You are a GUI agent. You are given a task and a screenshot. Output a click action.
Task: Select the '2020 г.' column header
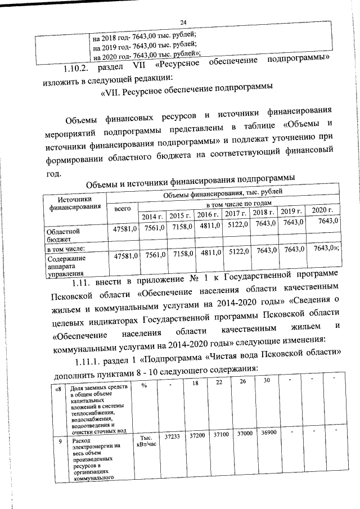tap(322, 210)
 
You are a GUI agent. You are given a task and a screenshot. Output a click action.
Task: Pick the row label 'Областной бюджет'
tap(62, 235)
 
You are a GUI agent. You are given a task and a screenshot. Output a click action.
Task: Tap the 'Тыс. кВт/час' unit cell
tap(145, 442)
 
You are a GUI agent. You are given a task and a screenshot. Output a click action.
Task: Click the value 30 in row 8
tap(267, 380)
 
